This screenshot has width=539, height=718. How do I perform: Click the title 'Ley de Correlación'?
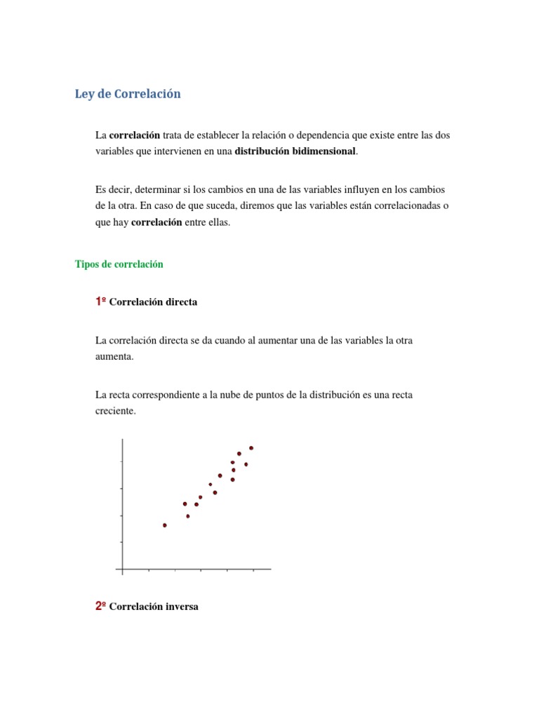[x=128, y=94]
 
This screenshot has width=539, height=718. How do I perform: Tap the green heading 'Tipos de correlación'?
[x=119, y=264]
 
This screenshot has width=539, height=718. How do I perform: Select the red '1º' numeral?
[x=100, y=302]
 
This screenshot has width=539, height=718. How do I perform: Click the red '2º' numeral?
[x=100, y=607]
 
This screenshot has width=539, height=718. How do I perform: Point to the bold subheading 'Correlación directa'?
[x=154, y=302]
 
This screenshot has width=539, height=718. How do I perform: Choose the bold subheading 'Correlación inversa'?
[x=154, y=607]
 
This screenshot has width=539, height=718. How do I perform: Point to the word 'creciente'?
[x=115, y=412]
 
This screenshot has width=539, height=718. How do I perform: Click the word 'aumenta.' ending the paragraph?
[x=114, y=356]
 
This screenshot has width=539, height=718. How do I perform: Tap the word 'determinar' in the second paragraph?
[x=155, y=190]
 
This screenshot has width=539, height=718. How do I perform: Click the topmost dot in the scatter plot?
[x=251, y=448]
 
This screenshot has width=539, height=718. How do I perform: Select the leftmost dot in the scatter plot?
[x=165, y=525]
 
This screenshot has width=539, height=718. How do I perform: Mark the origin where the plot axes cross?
[x=123, y=569]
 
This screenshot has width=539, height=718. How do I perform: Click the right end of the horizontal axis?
[x=269, y=569]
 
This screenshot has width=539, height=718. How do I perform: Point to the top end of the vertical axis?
[x=123, y=440]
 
